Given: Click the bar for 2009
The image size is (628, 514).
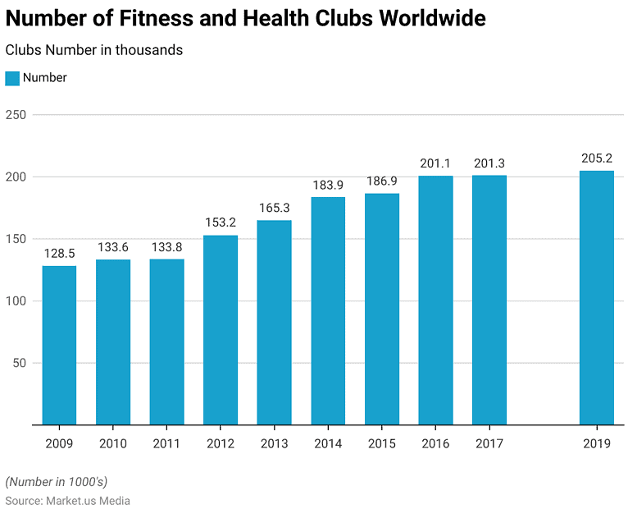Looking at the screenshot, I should pos(59,345).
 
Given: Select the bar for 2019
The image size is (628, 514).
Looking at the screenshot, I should pos(596,297).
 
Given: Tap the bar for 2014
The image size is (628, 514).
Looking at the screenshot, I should pos(328,310).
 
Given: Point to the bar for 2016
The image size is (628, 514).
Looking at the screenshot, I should pos(435,300).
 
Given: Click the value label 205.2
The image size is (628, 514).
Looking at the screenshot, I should pos(596,158).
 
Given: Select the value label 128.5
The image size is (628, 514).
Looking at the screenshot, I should pos(59,254).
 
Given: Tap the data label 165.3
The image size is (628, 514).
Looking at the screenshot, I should pos(274,208).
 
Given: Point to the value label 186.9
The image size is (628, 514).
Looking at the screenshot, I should pos(381,181).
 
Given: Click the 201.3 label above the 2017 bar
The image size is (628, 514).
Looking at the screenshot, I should pos(489,163).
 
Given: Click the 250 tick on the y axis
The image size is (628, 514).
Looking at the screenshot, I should pos(16,115).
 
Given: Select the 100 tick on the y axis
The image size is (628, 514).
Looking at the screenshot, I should pos(16,301).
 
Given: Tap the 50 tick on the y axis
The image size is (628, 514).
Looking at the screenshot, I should pos(19,363).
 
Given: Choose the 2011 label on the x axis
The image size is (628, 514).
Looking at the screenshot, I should pos(166,444).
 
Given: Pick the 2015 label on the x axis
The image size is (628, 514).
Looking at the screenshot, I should pos(381,444).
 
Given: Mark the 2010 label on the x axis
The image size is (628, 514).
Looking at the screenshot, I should pos(113,444).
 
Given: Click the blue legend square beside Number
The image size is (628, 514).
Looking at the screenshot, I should pos(12,78).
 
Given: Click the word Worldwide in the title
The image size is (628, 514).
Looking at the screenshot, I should pos(431,18).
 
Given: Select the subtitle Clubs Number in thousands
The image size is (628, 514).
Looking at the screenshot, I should pos(94,50).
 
